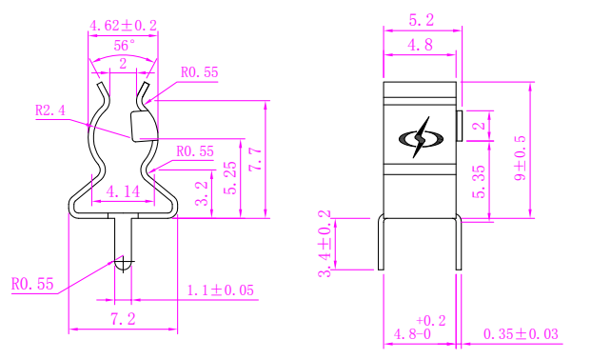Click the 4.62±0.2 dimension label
(x=123, y=26)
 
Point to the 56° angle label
(x=124, y=46)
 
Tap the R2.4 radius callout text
(x=50, y=110)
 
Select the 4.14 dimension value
(x=123, y=191)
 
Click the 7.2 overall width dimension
(x=123, y=319)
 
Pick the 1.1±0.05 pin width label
(x=221, y=290)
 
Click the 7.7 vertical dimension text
(x=256, y=159)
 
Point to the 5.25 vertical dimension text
(x=230, y=178)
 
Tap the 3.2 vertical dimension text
(x=202, y=193)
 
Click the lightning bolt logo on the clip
(x=421, y=138)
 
